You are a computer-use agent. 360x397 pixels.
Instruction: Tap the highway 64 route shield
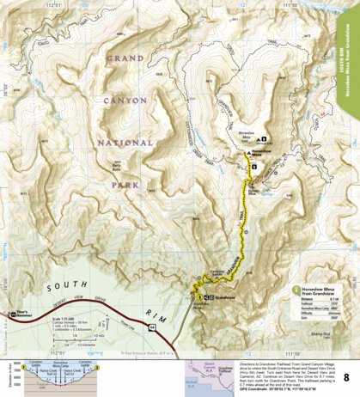click(151, 328)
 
